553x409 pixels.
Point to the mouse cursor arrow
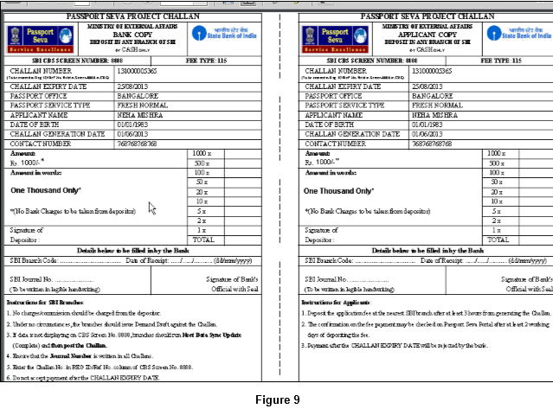click(x=151, y=208)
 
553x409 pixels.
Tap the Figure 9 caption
click(x=277, y=399)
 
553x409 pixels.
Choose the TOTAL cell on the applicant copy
click(x=495, y=240)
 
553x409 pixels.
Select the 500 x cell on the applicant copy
click(x=495, y=163)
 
